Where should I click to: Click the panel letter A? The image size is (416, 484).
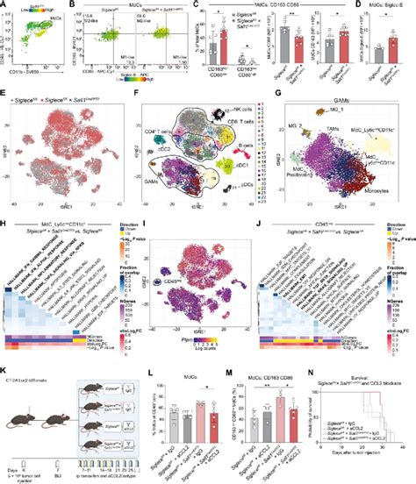point(4,4)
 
